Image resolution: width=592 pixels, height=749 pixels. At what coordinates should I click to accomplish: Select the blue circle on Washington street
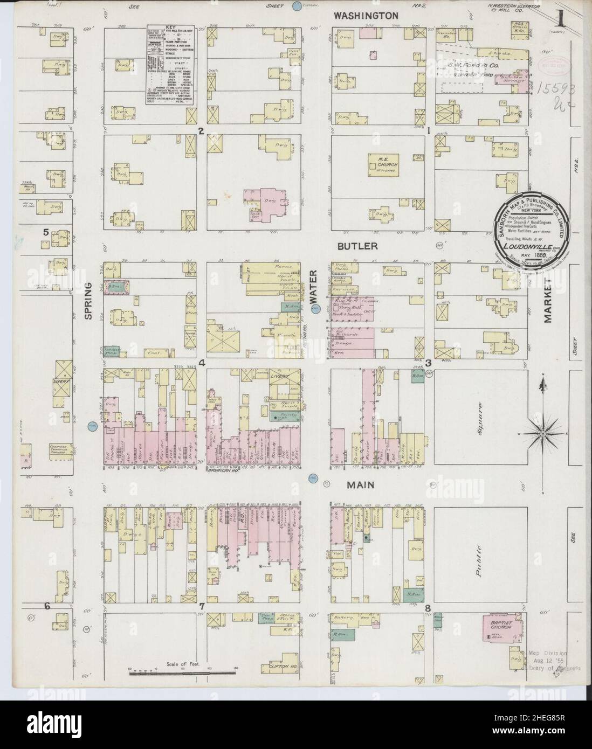pos(296,6)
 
